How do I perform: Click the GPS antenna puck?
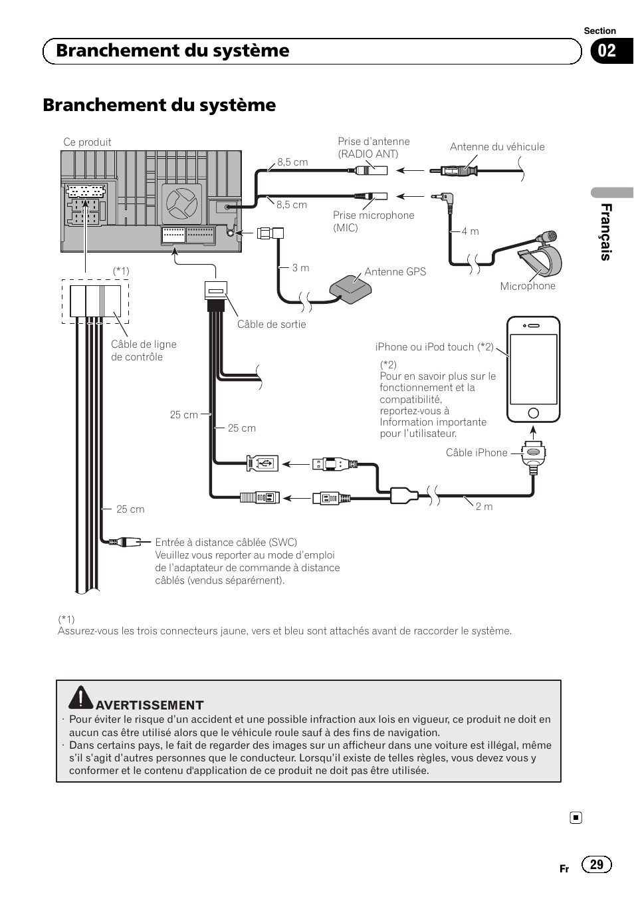point(350,289)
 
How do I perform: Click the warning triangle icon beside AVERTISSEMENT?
point(80,697)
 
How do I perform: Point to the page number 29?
point(596,864)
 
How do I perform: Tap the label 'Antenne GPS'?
point(395,271)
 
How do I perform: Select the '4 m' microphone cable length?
point(470,231)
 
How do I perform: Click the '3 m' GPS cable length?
point(300,267)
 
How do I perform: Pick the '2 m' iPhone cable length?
point(484,506)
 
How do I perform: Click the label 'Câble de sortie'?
point(271,324)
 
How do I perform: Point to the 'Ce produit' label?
point(87,142)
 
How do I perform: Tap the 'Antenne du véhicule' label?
point(497,147)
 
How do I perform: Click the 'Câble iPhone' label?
point(476,452)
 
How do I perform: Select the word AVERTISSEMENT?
point(150,705)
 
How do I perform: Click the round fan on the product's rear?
point(181,204)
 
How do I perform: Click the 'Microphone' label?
point(528,286)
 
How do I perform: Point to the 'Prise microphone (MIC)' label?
point(373,221)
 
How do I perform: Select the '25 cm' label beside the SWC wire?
point(130,509)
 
